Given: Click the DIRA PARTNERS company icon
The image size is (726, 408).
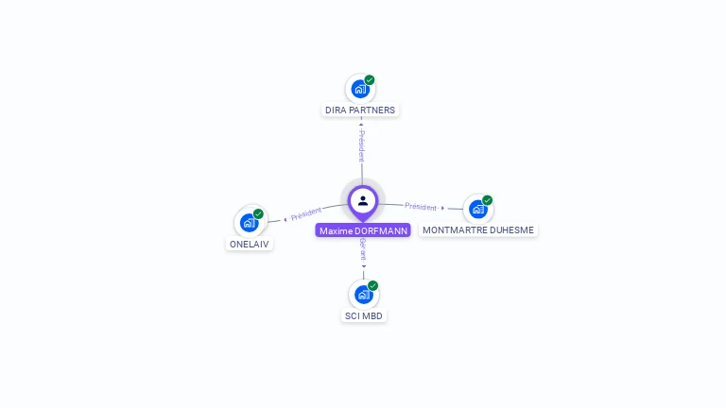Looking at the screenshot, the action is click(359, 90).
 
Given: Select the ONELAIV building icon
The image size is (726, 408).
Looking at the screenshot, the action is click(249, 223).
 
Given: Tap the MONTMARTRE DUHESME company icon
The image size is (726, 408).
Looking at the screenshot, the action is click(477, 209).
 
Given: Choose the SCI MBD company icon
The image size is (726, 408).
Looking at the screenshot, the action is click(363, 295).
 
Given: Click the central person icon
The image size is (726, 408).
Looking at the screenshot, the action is click(363, 200).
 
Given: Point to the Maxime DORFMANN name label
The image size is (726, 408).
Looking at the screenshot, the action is click(363, 230).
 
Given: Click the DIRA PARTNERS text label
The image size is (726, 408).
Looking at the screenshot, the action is click(360, 110).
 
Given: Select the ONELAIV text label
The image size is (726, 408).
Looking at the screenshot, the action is click(249, 244).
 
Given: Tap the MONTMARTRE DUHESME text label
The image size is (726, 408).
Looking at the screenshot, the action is click(478, 229).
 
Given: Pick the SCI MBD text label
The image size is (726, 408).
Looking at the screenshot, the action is click(364, 315).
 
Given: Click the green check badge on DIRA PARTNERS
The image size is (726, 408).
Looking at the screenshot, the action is click(370, 80).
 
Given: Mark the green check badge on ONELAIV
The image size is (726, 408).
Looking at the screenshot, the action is click(258, 213).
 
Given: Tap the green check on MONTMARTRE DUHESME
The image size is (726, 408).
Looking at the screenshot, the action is click(488, 200).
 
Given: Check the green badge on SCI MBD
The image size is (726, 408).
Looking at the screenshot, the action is click(373, 285).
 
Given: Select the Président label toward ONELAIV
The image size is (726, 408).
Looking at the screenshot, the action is click(306, 214).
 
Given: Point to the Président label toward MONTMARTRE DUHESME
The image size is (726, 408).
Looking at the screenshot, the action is click(421, 206).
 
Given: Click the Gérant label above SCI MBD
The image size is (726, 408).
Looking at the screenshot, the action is click(363, 250).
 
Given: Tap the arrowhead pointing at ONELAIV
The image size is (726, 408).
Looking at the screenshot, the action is click(285, 220).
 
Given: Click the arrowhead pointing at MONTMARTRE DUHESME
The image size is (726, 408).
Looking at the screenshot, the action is click(442, 208).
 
